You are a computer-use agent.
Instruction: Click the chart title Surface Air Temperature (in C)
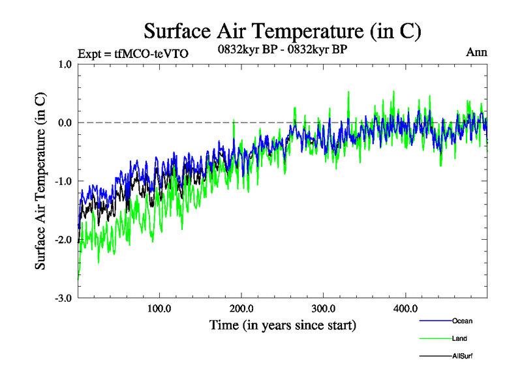[283, 31]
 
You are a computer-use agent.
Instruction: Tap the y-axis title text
[40, 181]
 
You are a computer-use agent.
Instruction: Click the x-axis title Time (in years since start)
[283, 325]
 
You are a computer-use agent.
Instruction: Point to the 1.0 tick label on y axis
[65, 64]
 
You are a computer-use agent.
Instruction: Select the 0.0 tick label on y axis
[65, 123]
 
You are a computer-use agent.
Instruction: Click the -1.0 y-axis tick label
[63, 181]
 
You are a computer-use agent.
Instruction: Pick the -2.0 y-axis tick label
[63, 240]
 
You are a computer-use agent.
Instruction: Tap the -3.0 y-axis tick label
[63, 298]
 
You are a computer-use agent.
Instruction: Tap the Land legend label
[459, 338]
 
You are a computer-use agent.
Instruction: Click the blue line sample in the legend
[435, 321]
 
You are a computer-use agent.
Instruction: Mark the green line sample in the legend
[435, 338]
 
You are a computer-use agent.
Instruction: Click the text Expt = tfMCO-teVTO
[133, 53]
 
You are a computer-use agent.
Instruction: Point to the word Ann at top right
[476, 52]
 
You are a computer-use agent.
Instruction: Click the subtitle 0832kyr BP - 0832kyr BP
[283, 50]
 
